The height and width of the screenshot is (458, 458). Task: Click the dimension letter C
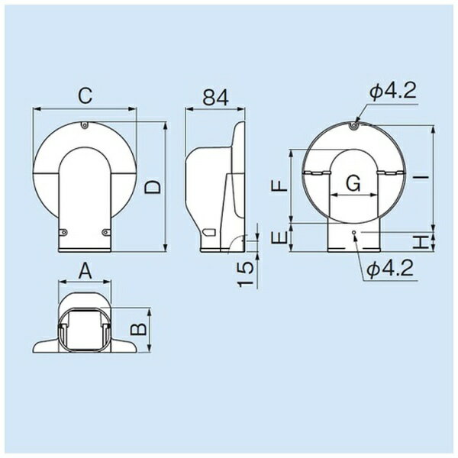(x=85, y=95)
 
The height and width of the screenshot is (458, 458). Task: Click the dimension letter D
(x=153, y=187)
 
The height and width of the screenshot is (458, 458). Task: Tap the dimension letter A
(x=85, y=271)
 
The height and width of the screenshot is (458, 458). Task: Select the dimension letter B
(x=138, y=329)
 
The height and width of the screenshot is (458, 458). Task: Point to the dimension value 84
(x=215, y=97)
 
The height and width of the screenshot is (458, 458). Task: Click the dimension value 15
(x=245, y=274)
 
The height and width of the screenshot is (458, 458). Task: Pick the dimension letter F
(x=279, y=185)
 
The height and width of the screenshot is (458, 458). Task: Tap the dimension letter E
(x=279, y=237)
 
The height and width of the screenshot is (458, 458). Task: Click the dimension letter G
(x=353, y=184)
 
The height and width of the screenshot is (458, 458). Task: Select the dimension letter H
(x=421, y=242)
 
